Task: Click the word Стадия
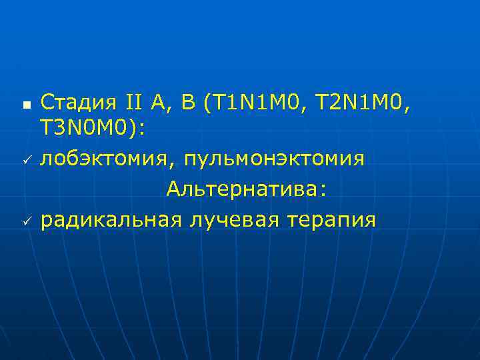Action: click(79, 103)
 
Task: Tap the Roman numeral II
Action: click(137, 103)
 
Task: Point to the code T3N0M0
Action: click(87, 131)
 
